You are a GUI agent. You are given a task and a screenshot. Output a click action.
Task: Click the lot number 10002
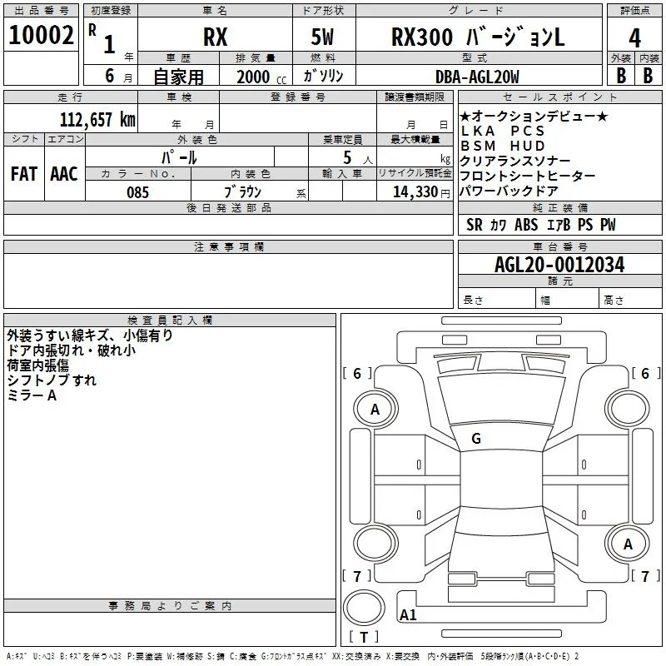(41, 35)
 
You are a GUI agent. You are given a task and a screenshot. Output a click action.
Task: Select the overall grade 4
(634, 37)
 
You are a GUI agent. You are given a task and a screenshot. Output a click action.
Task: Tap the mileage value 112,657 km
(97, 119)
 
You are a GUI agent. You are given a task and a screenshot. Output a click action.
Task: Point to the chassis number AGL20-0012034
(559, 265)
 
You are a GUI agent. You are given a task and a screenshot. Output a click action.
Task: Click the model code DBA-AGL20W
(477, 77)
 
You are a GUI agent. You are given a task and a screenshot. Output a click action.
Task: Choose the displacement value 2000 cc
(261, 77)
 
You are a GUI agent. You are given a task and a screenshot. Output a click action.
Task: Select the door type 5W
(322, 37)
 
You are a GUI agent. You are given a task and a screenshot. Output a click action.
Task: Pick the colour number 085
(137, 192)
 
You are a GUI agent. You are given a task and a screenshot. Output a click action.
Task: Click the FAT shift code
(24, 173)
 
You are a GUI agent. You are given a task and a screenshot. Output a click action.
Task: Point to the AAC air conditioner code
(64, 173)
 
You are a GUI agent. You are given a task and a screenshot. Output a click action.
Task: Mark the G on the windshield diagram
(476, 438)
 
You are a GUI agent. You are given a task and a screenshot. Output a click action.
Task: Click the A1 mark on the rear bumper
(408, 614)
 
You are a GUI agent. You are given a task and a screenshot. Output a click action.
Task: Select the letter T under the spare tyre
(364, 637)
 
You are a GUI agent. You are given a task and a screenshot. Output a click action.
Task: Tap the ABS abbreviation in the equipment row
(526, 224)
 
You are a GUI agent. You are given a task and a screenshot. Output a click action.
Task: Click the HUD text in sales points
(527, 146)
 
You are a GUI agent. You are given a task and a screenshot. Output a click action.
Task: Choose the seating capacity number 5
(347, 157)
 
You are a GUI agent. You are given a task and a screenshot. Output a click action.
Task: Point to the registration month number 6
(110, 76)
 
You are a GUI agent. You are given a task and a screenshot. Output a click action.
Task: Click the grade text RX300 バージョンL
(478, 37)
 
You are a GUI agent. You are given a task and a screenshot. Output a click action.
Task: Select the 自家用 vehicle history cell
(178, 77)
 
